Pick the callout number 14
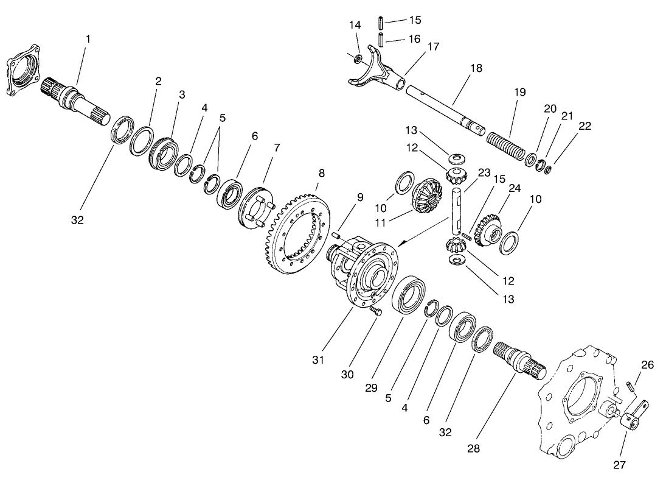point(355,25)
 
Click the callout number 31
point(317,360)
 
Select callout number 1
point(88,38)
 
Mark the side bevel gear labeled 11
point(426,196)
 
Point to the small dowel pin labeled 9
point(337,233)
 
